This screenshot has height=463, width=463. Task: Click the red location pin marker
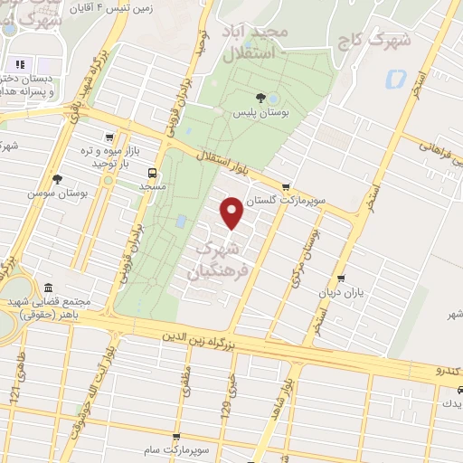tap(232, 212)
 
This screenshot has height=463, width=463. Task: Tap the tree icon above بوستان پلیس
tap(260, 97)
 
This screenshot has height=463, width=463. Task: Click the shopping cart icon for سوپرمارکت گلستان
tap(287, 187)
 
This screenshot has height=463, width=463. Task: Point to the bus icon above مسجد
tap(152, 173)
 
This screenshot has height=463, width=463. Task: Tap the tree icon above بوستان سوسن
tap(57, 180)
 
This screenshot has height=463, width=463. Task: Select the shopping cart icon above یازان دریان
tap(340, 279)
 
